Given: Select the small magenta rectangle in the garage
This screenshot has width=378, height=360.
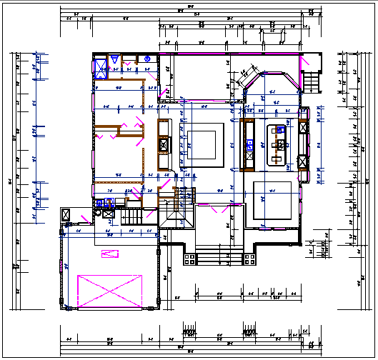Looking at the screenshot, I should [109, 254].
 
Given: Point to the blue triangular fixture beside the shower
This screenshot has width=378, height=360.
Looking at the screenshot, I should [112, 61].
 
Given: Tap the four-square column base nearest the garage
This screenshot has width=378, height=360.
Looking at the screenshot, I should [189, 258].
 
